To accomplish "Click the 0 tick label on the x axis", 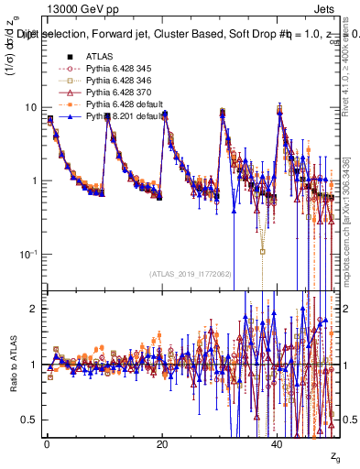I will (47, 444).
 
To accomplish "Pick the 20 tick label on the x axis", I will (162, 444).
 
